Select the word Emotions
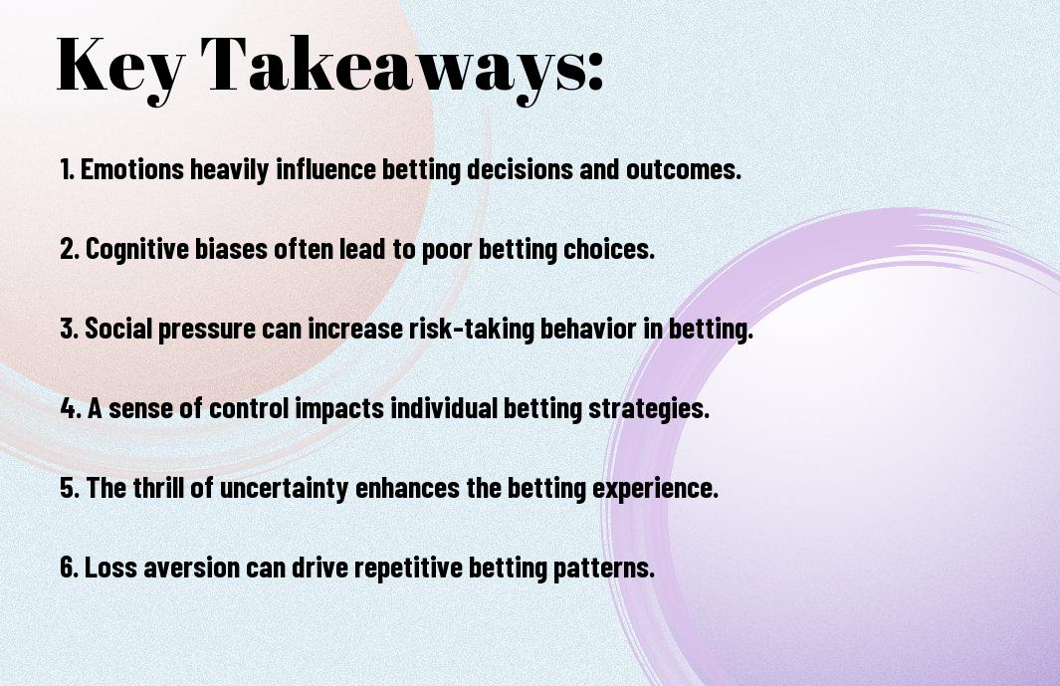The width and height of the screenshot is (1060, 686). [131, 169]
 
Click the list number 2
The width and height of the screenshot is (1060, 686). [69, 249]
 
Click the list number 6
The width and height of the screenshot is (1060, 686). [69, 567]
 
